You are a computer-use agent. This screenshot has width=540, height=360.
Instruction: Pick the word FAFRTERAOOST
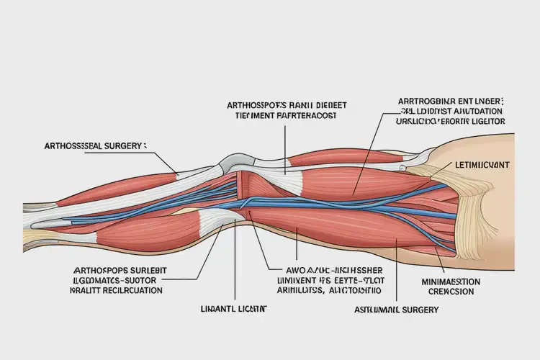[x=302, y=114]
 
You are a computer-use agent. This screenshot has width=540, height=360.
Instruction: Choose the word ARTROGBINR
[x=423, y=102]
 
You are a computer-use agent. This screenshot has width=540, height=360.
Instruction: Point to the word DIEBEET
[x=333, y=103]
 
